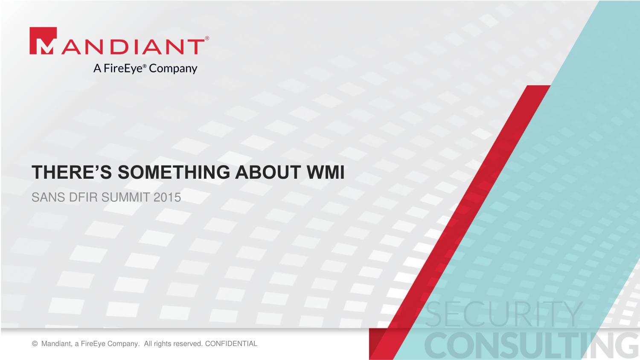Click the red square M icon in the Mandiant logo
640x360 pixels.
pyautogui.click(x=43, y=41)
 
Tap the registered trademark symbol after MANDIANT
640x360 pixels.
pyautogui.click(x=207, y=38)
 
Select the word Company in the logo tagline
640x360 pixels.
pyautogui.click(x=173, y=69)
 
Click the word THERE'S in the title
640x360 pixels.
pyautogui.click(x=72, y=172)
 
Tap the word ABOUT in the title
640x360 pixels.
pyautogui.click(x=268, y=172)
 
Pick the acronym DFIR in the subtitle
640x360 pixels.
pyautogui.click(x=84, y=197)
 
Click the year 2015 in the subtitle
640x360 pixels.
pyautogui.click(x=167, y=197)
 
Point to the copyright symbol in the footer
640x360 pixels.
pyautogui.click(x=35, y=344)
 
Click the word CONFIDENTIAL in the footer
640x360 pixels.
pyautogui.click(x=231, y=344)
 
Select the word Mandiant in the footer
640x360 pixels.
pyautogui.click(x=57, y=344)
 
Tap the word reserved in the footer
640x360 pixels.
pyautogui.click(x=189, y=344)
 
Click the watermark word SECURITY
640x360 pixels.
pyautogui.click(x=504, y=314)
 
